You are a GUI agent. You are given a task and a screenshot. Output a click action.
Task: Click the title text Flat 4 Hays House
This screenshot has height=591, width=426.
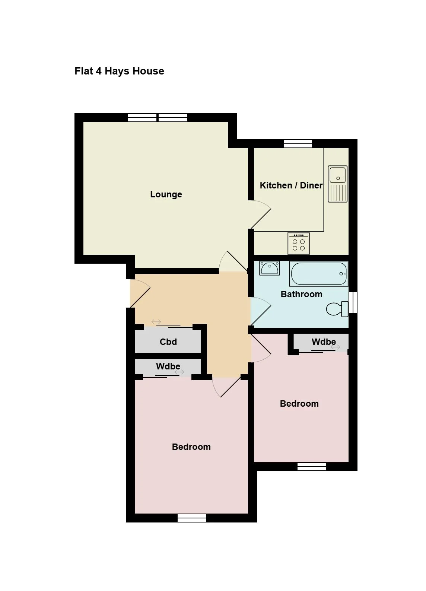pyautogui.click(x=119, y=71)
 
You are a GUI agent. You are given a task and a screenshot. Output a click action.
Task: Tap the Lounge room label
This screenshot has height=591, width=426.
pyautogui.click(x=166, y=194)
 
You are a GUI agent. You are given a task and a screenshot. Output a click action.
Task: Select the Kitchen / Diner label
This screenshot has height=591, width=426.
pyautogui.click(x=291, y=185)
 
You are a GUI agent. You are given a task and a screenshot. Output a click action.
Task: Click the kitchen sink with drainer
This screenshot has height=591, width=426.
pyautogui.click(x=337, y=184)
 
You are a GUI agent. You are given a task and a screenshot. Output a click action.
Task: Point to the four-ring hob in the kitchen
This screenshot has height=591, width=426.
pyautogui.click(x=299, y=243)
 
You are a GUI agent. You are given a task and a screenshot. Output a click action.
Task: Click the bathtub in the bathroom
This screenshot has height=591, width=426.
pyautogui.click(x=319, y=274)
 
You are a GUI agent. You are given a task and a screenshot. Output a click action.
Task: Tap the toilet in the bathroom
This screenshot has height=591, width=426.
pyautogui.click(x=337, y=309)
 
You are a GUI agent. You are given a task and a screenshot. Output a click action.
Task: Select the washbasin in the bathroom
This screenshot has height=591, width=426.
pyautogui.click(x=269, y=268)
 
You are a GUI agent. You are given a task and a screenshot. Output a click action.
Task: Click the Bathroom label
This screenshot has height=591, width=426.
pyautogui.click(x=301, y=294)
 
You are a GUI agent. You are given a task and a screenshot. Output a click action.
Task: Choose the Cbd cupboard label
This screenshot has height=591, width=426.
pyautogui.click(x=168, y=341)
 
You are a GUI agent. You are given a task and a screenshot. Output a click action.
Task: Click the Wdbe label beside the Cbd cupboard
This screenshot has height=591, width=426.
pyautogui.click(x=168, y=366)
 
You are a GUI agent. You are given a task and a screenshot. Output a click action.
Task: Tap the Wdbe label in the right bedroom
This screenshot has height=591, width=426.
pyautogui.click(x=324, y=341)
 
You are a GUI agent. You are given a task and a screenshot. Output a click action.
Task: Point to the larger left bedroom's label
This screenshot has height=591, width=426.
pyautogui.click(x=191, y=447)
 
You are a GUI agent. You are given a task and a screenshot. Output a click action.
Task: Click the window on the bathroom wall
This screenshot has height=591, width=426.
pyautogui.click(x=353, y=302)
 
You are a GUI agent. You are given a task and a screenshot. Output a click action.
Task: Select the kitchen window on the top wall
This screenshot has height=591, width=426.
pyautogui.click(x=298, y=143)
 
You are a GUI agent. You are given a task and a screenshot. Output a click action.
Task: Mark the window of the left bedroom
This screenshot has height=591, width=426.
pyautogui.click(x=191, y=518)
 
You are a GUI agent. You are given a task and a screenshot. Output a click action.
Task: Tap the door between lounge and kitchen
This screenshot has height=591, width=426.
pyautogui.click(x=260, y=214)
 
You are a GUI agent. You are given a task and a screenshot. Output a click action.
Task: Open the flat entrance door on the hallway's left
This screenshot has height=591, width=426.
pyautogui.click(x=140, y=293)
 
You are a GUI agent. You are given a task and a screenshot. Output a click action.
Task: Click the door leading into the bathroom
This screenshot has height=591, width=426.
pyautogui.click(x=260, y=312)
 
